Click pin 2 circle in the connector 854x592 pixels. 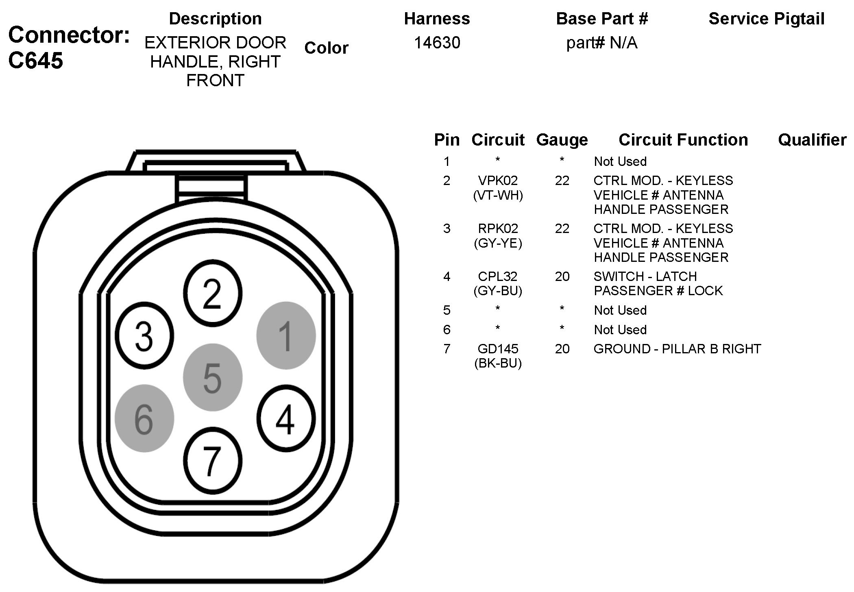(212, 293)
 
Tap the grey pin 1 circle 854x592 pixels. (286, 335)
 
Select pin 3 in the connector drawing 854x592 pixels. (144, 336)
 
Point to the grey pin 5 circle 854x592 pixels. (213, 377)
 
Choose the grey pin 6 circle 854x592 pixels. (144, 418)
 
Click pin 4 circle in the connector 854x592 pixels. (286, 419)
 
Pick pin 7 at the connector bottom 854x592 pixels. (213, 461)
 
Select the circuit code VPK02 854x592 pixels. (498, 181)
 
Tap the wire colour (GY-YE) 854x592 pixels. (498, 243)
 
